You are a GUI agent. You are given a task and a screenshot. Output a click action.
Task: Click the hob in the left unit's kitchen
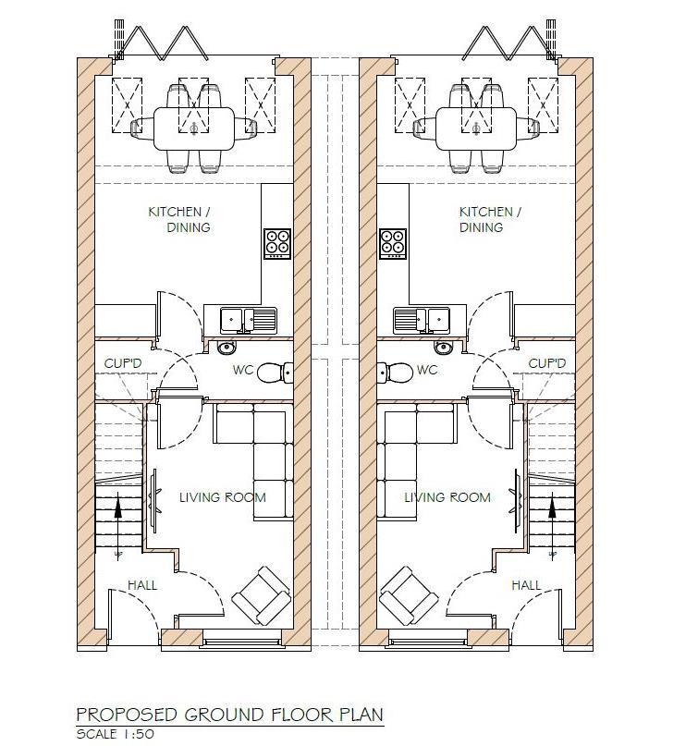coord(277,242)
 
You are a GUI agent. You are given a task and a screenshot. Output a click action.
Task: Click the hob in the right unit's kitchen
coord(392,242)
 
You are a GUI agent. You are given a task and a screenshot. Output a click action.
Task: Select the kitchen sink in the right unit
coord(422,320)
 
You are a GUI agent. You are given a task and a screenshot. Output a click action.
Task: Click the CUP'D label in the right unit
coord(546,363)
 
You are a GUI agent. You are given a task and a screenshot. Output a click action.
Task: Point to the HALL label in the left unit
coord(142,585)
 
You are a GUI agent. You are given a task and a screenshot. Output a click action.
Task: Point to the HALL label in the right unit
coord(526,585)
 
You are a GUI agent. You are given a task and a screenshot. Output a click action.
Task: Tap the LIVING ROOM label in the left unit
coord(222,497)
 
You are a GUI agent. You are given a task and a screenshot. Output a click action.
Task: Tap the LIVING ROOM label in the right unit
coord(447,497)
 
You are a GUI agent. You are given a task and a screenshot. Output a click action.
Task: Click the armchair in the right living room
coord(409,594)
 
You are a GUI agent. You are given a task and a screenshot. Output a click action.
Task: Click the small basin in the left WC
coord(227,348)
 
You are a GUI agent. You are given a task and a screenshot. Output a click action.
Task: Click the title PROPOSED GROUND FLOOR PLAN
coord(229,715)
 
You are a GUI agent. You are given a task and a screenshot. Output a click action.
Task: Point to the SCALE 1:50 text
coord(115,734)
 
